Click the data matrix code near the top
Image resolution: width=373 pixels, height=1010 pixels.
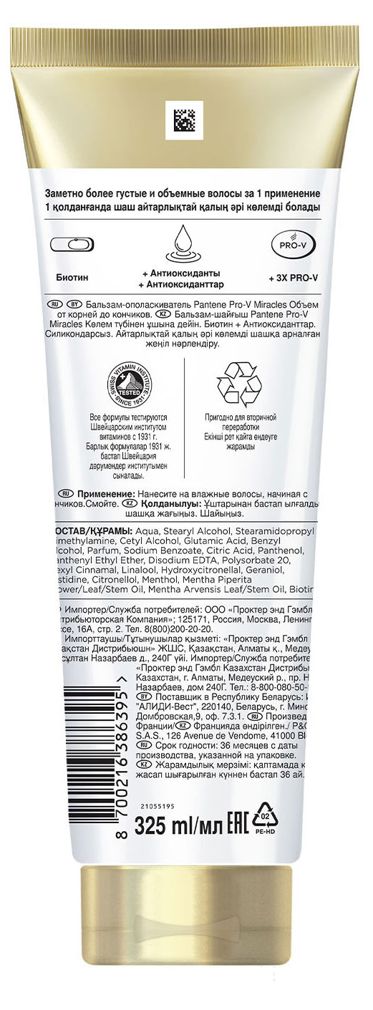pos(186,121)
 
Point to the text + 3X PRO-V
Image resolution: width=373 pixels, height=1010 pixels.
pos(293,276)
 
